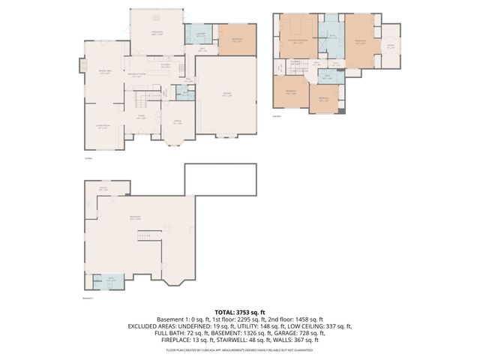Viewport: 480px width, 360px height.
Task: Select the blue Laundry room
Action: (201, 35)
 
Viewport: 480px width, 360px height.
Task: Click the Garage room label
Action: (226, 95)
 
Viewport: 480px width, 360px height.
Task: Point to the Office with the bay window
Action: (178, 124)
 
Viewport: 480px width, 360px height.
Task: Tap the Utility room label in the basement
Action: (104, 189)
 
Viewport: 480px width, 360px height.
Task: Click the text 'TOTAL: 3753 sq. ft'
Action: (240, 311)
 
